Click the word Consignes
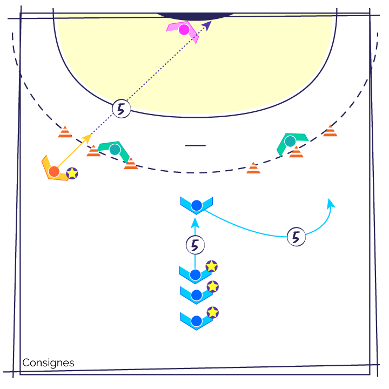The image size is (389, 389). (48, 363)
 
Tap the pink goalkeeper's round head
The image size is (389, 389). (184, 30)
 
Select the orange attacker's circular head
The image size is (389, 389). (54, 171)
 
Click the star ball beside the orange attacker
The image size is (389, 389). (72, 173)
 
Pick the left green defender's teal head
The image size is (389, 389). (115, 150)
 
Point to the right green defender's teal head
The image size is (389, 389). (290, 142)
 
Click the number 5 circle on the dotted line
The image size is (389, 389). (122, 109)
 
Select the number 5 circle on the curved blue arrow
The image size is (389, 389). (296, 237)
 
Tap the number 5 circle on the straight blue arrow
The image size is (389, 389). (195, 245)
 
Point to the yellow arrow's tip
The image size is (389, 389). (91, 134)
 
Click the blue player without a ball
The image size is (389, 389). (197, 206)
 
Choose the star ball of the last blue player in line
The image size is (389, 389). (213, 312)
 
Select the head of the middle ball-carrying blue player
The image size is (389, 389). (197, 295)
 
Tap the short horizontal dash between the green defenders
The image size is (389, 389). (195, 145)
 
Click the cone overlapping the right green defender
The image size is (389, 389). (296, 152)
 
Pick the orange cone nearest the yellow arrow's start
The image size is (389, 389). (93, 151)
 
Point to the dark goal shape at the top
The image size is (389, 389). (196, 16)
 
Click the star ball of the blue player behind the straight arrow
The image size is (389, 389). (212, 266)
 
